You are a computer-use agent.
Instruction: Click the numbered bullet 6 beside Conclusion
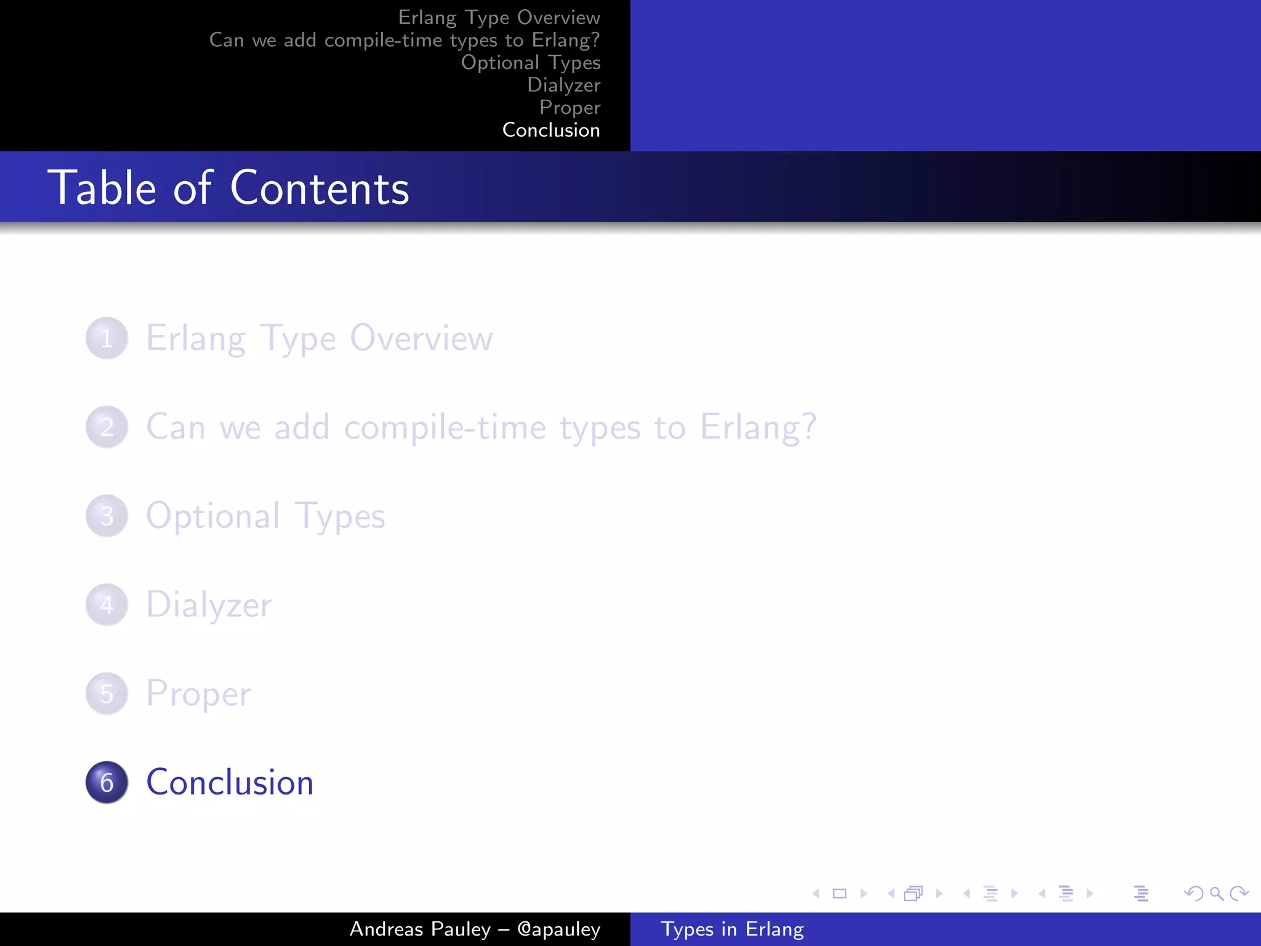[x=107, y=782]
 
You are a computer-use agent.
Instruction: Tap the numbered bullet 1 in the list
[x=107, y=338]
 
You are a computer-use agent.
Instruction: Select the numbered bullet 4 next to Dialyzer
[x=107, y=605]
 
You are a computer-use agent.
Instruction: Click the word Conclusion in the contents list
[x=230, y=782]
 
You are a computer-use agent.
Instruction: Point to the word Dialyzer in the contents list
[x=209, y=605]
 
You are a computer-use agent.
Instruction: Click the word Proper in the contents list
[x=198, y=693]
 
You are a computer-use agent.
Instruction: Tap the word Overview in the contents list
[x=421, y=338]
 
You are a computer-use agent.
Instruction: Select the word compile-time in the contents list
[x=445, y=427]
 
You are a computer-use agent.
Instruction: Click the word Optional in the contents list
[x=213, y=516]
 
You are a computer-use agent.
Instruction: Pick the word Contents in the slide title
[x=320, y=188]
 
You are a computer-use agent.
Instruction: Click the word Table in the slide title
[x=102, y=188]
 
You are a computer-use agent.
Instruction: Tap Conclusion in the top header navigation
[x=551, y=130]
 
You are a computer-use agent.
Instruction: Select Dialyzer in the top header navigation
[x=563, y=85]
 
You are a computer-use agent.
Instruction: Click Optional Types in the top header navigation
[x=531, y=62]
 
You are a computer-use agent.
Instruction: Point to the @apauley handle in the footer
[x=558, y=929]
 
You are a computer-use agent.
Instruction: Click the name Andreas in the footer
[x=387, y=929]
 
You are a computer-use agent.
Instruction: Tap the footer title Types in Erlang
[x=732, y=929]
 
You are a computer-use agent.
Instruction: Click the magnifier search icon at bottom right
[x=1216, y=893]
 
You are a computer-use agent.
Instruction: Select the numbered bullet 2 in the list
[x=107, y=427]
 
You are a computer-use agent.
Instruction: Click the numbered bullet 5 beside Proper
[x=107, y=693]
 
